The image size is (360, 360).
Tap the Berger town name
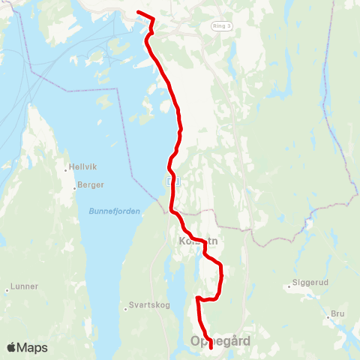click(91, 184)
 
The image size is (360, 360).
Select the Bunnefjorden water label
click(115, 211)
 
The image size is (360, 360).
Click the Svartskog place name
click(146, 307)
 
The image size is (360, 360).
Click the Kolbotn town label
click(198, 242)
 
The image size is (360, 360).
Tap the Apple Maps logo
click(27, 347)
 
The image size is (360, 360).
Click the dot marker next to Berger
click(76, 184)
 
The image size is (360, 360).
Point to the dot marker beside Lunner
click(6, 288)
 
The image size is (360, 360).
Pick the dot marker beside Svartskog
click(125, 307)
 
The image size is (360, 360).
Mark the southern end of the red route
click(211, 347)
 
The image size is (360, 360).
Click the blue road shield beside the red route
click(172, 181)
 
